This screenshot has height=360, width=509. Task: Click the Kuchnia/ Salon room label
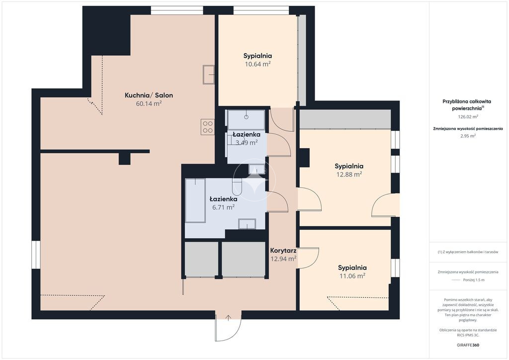[x=149, y=95]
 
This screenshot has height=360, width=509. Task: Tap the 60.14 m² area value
[x=149, y=103]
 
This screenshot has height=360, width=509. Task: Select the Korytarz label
[x=283, y=251]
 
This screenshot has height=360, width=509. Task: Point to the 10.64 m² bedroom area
[x=258, y=64]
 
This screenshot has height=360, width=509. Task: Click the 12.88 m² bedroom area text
[x=349, y=175]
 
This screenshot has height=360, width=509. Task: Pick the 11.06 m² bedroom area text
[x=352, y=276]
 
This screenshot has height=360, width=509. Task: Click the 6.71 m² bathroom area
[x=223, y=207]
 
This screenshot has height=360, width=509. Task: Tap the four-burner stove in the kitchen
[x=208, y=127]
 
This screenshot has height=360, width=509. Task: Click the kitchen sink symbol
[x=209, y=75]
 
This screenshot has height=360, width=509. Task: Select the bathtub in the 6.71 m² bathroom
[x=195, y=200]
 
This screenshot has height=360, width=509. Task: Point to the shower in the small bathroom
[x=246, y=120]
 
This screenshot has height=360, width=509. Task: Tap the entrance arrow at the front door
[x=228, y=318]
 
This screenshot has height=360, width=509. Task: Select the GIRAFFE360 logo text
[x=468, y=345]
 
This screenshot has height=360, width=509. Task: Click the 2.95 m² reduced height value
[x=468, y=136]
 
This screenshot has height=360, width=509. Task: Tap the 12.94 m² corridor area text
[x=283, y=259]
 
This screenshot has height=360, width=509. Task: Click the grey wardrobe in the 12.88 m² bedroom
[x=345, y=119]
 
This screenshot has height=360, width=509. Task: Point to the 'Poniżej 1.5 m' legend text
[x=474, y=280]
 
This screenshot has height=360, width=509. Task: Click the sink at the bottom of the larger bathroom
[x=247, y=224]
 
